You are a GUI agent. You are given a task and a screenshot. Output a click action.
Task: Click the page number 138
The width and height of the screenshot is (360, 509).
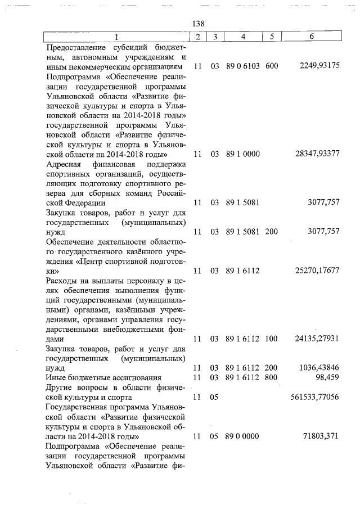[198, 24]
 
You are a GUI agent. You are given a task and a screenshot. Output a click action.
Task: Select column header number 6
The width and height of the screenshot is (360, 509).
[311, 37]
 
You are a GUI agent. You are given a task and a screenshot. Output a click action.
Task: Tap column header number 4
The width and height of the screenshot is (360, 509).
[243, 37]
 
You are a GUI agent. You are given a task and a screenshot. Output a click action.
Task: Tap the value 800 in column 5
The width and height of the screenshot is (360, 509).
[272, 377]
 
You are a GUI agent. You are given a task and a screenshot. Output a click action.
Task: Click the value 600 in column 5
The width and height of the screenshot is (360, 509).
[272, 66]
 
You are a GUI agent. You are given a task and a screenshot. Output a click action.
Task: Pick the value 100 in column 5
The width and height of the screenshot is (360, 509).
[272, 339]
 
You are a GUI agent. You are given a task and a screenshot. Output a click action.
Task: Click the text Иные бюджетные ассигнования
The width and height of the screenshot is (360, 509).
[104, 377]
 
